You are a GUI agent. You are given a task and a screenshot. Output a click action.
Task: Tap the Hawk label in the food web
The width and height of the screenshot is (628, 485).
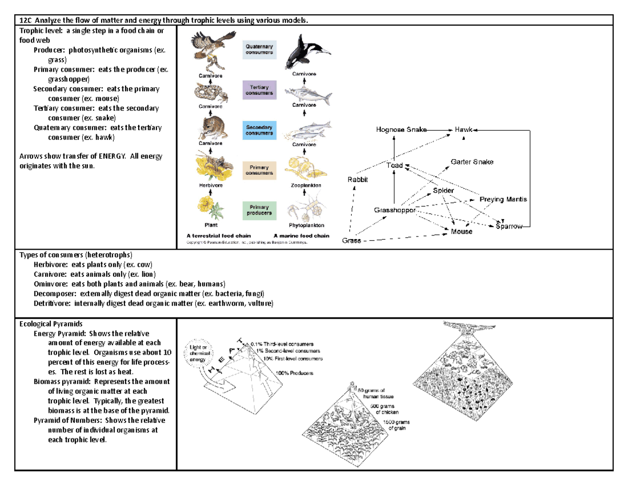[x=463, y=129]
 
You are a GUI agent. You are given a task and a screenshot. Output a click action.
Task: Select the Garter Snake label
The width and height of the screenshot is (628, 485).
[x=472, y=162]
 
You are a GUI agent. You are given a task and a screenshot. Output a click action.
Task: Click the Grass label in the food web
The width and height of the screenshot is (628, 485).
[x=352, y=241]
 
